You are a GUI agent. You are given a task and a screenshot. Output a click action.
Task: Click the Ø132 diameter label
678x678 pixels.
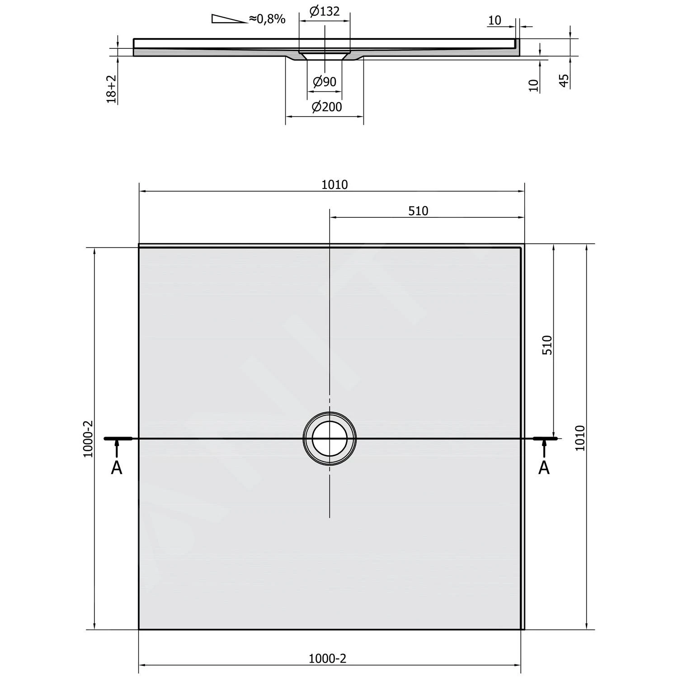tap(325, 10)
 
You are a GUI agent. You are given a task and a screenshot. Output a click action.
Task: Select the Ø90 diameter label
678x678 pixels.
tap(325, 82)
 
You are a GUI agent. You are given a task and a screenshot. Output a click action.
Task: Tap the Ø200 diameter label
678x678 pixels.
tap(327, 107)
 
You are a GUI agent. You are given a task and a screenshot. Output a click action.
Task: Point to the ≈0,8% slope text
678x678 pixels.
tap(267, 19)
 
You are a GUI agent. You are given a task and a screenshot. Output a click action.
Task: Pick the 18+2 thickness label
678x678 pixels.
tap(112, 89)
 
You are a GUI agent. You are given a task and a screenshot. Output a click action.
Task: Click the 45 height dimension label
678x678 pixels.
tap(564, 81)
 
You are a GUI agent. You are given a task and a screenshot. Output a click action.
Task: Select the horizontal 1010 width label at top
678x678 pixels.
tap(334, 184)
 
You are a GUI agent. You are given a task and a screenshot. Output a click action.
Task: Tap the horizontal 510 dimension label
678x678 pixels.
tap(418, 211)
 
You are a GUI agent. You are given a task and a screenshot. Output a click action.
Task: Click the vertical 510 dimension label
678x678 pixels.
tap(547, 344)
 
